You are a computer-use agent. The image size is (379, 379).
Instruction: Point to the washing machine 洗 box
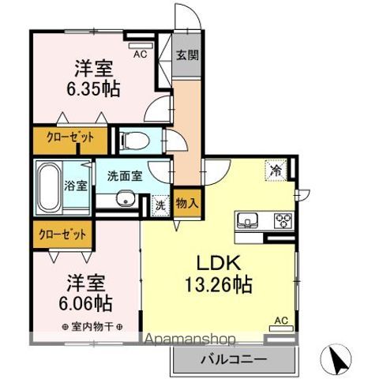coord(160,203)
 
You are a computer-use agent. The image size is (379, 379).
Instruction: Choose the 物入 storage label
coord(186,203)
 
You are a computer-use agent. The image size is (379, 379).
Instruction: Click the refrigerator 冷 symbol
coord(276,168)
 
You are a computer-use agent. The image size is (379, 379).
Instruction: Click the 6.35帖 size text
coord(93,88)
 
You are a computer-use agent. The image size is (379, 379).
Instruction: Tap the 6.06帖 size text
coord(84,302)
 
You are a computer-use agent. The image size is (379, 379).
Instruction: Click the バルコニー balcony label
coord(235,359)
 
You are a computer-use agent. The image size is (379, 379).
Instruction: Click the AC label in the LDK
coord(280,321)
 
